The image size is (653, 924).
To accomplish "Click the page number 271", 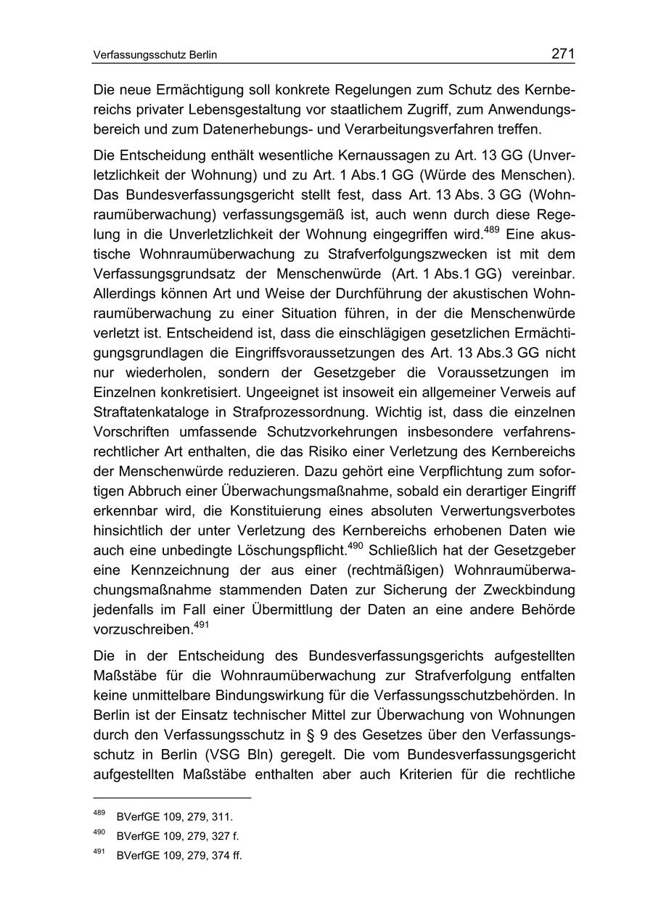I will (562, 54).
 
